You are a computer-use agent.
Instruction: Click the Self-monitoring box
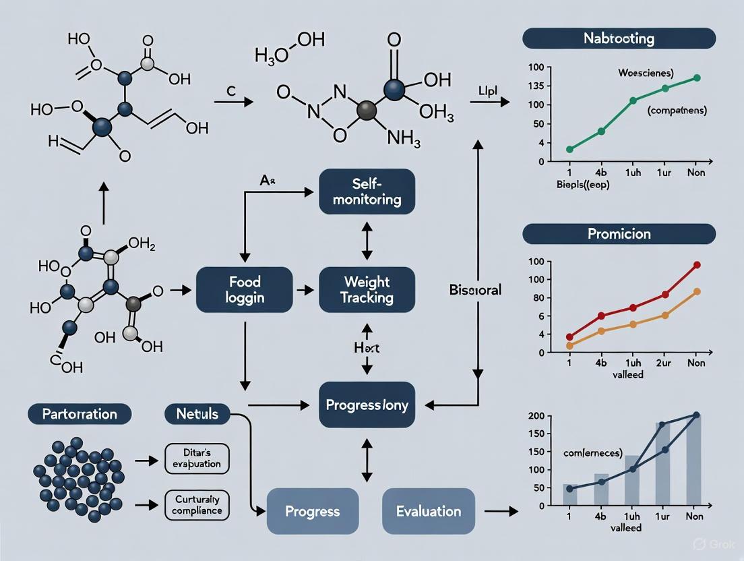tap(367, 191)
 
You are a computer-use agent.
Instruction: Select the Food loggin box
tap(245, 289)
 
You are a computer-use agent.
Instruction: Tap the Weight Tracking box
tap(367, 289)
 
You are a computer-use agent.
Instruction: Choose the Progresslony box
tap(367, 405)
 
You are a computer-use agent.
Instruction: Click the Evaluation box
tap(429, 511)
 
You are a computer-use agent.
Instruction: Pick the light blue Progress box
tap(313, 511)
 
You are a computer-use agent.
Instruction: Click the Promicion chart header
tap(619, 234)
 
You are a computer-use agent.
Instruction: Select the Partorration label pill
tap(80, 413)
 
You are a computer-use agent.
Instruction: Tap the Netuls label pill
tap(197, 413)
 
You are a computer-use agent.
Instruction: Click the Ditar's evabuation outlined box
tap(196, 459)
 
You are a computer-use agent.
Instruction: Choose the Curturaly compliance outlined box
tap(196, 504)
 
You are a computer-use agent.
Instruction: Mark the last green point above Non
tap(697, 78)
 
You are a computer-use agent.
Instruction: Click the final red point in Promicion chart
tap(697, 265)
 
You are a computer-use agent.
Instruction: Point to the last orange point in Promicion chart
tap(697, 291)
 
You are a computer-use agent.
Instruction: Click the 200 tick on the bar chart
tap(536, 415)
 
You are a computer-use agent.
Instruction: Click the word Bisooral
tap(475, 290)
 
